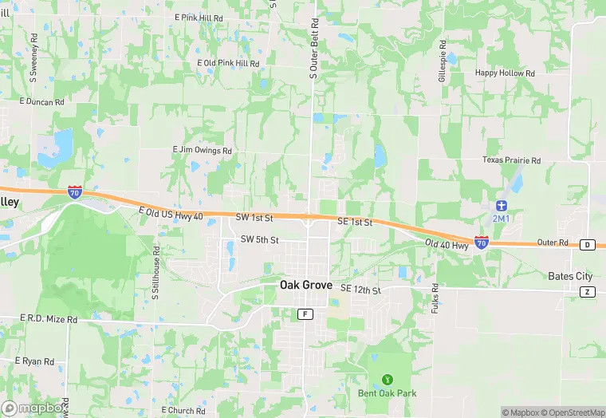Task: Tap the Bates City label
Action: click(x=570, y=276)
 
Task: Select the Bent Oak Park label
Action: click(x=387, y=393)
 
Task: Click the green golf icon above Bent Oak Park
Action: click(x=388, y=379)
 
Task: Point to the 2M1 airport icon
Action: click(x=500, y=205)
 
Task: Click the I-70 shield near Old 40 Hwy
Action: click(x=481, y=241)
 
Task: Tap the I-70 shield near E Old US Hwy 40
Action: click(x=74, y=191)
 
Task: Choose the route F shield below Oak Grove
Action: click(x=305, y=314)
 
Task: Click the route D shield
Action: click(x=588, y=244)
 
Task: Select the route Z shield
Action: click(x=588, y=292)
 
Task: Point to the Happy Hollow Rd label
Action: click(x=505, y=73)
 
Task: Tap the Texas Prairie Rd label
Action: click(x=511, y=160)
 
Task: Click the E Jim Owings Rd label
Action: click(x=203, y=150)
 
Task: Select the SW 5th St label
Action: click(x=259, y=240)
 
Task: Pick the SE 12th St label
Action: click(x=360, y=289)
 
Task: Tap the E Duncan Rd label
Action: click(x=41, y=102)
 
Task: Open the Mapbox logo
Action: click(x=33, y=407)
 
